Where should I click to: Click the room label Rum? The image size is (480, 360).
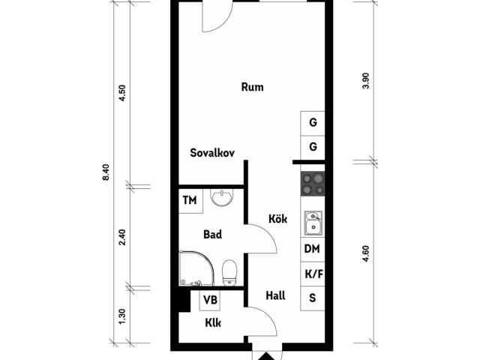pos(252,87)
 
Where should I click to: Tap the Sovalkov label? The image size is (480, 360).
pos(212,152)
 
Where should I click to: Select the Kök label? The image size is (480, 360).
pos(278,219)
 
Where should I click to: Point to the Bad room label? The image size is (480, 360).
pos(212,235)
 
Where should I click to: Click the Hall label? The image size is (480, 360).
pos(275,295)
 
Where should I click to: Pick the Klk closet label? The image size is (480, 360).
pos(213,322)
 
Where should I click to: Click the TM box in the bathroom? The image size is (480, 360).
pos(190,201)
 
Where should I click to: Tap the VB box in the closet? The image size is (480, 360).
pos(210,300)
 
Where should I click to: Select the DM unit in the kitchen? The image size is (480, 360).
pos(312,249)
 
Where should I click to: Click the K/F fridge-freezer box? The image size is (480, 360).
pos(312,274)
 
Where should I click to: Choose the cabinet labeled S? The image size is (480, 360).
pos(312,298)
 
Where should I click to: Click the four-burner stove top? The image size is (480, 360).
pos(313,184)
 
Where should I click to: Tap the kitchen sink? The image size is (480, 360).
pos(313,223)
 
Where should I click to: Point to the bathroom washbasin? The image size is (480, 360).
pos(222,197)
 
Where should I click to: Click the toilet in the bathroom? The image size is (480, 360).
pos(229,273)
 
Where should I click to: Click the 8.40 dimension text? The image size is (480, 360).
pos(106,172)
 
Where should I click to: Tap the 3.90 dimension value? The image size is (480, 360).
pos(366,81)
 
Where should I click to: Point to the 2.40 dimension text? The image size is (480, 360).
pos(122,237)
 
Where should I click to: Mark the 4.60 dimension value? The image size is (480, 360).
pos(366,253)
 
